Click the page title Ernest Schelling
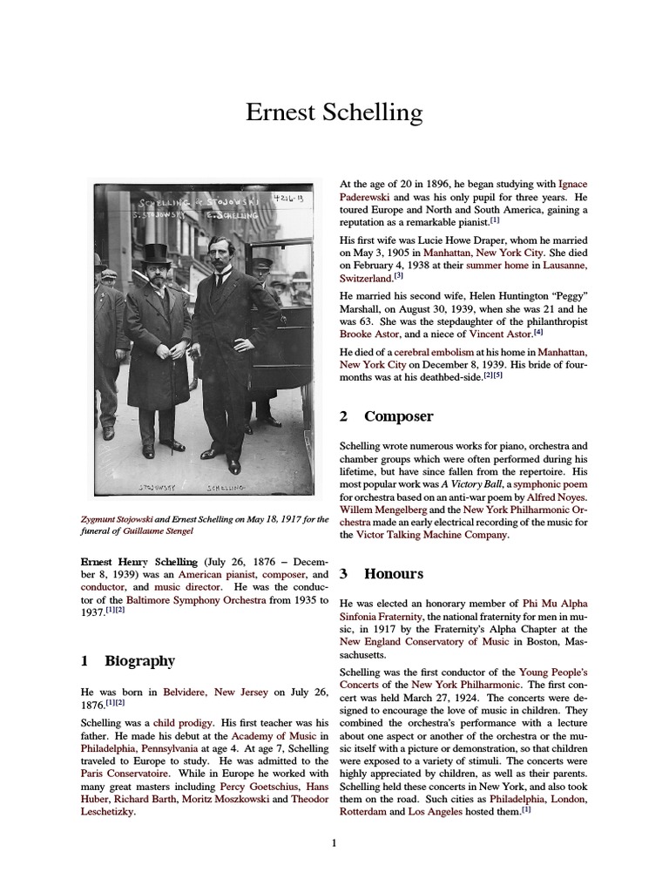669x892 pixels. pyautogui.click(x=334, y=113)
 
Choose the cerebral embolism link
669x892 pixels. pyautogui.click(x=423, y=351)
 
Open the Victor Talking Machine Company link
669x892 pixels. pyautogui.click(x=431, y=536)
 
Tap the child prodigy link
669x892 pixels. pyautogui.click(x=183, y=723)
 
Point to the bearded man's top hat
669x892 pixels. pyautogui.click(x=156, y=253)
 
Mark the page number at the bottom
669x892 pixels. pyautogui.click(x=334, y=843)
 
